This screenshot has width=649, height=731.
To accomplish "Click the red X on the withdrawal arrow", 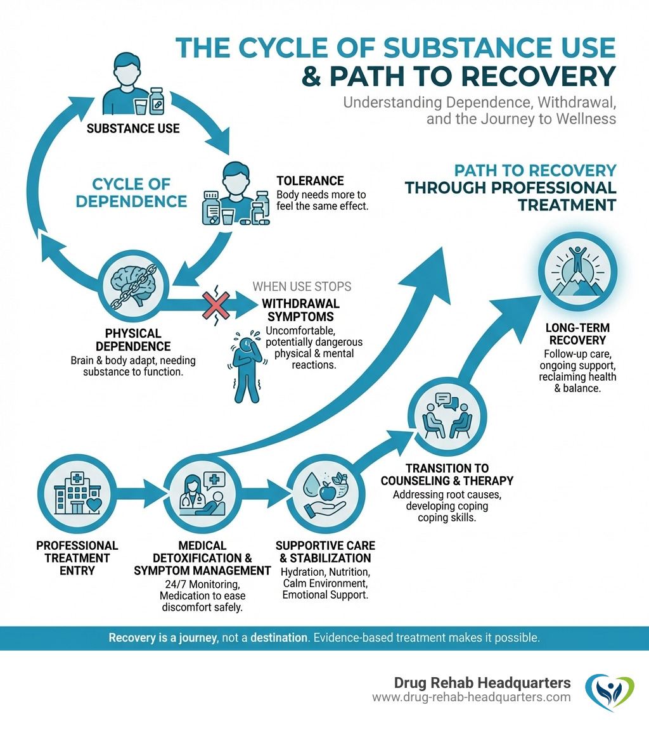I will click(217, 305).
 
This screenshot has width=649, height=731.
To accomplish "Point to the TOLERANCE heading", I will click(310, 181).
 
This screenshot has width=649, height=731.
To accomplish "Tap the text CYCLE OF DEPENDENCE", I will click(139, 193).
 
